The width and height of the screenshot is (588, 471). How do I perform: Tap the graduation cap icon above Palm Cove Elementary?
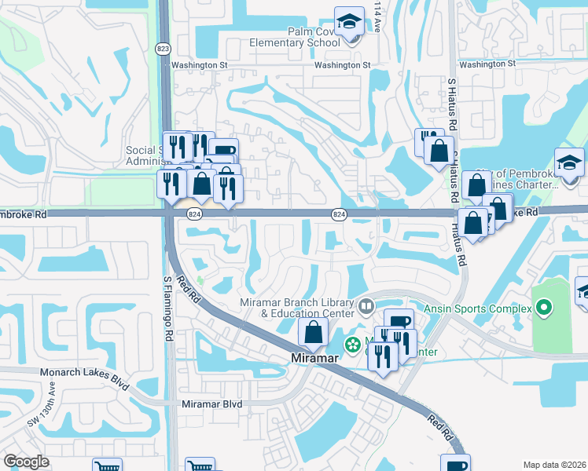click(x=348, y=23)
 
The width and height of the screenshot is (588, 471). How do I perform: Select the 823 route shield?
click(x=163, y=49)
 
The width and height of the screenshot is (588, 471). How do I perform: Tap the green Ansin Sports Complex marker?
click(x=543, y=308)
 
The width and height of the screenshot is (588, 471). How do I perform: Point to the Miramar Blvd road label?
click(x=211, y=403)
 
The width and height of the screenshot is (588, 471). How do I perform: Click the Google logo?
click(x=27, y=462)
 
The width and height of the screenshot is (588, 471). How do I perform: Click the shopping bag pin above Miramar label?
click(x=313, y=333)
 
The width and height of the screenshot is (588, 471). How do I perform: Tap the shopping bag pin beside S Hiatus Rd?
click(x=440, y=150)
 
